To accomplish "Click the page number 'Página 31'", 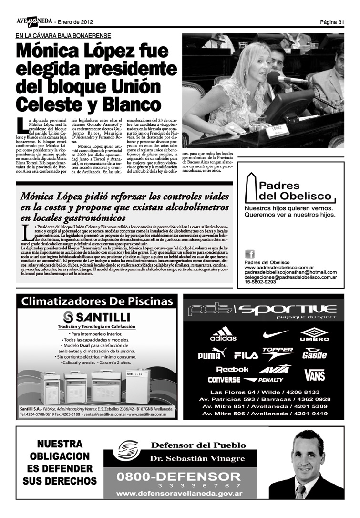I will coord(332,22).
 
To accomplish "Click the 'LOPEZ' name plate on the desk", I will coord(277,130).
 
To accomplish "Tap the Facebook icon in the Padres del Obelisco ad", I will coord(249,254).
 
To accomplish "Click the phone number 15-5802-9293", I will coord(260,282).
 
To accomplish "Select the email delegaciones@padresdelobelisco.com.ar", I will coord(290,277).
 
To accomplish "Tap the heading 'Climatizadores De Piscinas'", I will coord(97,301).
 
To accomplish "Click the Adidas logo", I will coord(223,333).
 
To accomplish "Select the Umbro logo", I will coord(314,334).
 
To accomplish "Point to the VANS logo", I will coord(315,374).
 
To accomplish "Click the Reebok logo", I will coord(232,370).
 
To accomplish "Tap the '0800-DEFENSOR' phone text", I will coord(179,477).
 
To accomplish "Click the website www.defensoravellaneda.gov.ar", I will coord(179,494).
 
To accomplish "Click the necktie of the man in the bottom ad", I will coord(300,491).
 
